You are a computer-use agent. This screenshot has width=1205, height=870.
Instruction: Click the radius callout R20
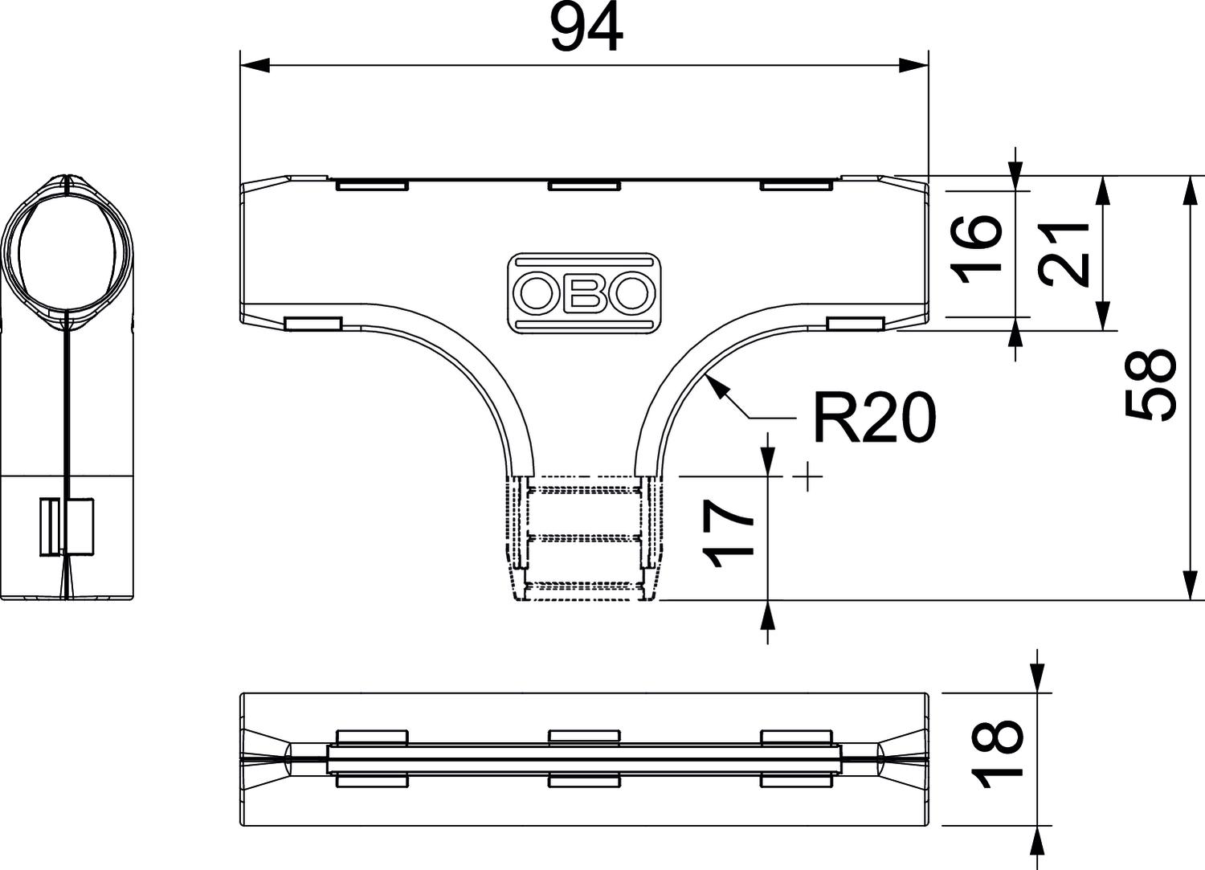coord(874,417)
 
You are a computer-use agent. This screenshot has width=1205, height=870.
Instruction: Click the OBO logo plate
coord(584,293)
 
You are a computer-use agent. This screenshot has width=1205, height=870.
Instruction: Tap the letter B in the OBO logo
coord(584,293)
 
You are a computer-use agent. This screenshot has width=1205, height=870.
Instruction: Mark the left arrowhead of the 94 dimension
coord(255,65)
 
